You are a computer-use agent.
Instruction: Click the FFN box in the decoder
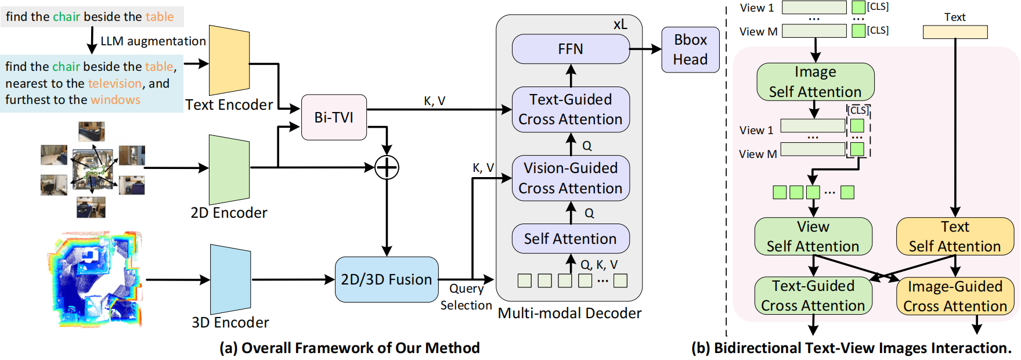(x=571, y=49)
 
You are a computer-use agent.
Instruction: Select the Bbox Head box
(x=690, y=50)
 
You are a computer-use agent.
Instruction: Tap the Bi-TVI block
(x=334, y=117)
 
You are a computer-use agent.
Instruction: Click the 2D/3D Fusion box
(x=387, y=279)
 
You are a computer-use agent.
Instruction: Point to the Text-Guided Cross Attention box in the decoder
(x=571, y=110)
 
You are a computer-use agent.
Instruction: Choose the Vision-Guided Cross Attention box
(x=571, y=178)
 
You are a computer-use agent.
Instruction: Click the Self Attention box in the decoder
(x=571, y=239)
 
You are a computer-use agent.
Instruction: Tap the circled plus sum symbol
(x=387, y=168)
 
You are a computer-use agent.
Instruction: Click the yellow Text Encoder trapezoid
(x=229, y=60)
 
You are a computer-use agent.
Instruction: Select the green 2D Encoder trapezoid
(x=229, y=169)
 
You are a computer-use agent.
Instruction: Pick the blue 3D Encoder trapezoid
(x=230, y=279)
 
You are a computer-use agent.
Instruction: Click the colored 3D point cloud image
(x=95, y=279)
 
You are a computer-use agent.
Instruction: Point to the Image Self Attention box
(x=815, y=82)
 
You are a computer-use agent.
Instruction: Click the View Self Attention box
(x=813, y=236)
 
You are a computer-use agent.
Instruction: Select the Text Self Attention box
(x=955, y=236)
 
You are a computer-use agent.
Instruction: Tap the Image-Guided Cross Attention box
(x=955, y=296)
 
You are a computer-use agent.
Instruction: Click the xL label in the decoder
(x=620, y=24)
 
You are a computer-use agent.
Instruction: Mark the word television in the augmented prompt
(x=115, y=84)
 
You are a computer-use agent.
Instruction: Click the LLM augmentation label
(x=153, y=41)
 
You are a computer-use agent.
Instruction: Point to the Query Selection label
(x=466, y=297)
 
